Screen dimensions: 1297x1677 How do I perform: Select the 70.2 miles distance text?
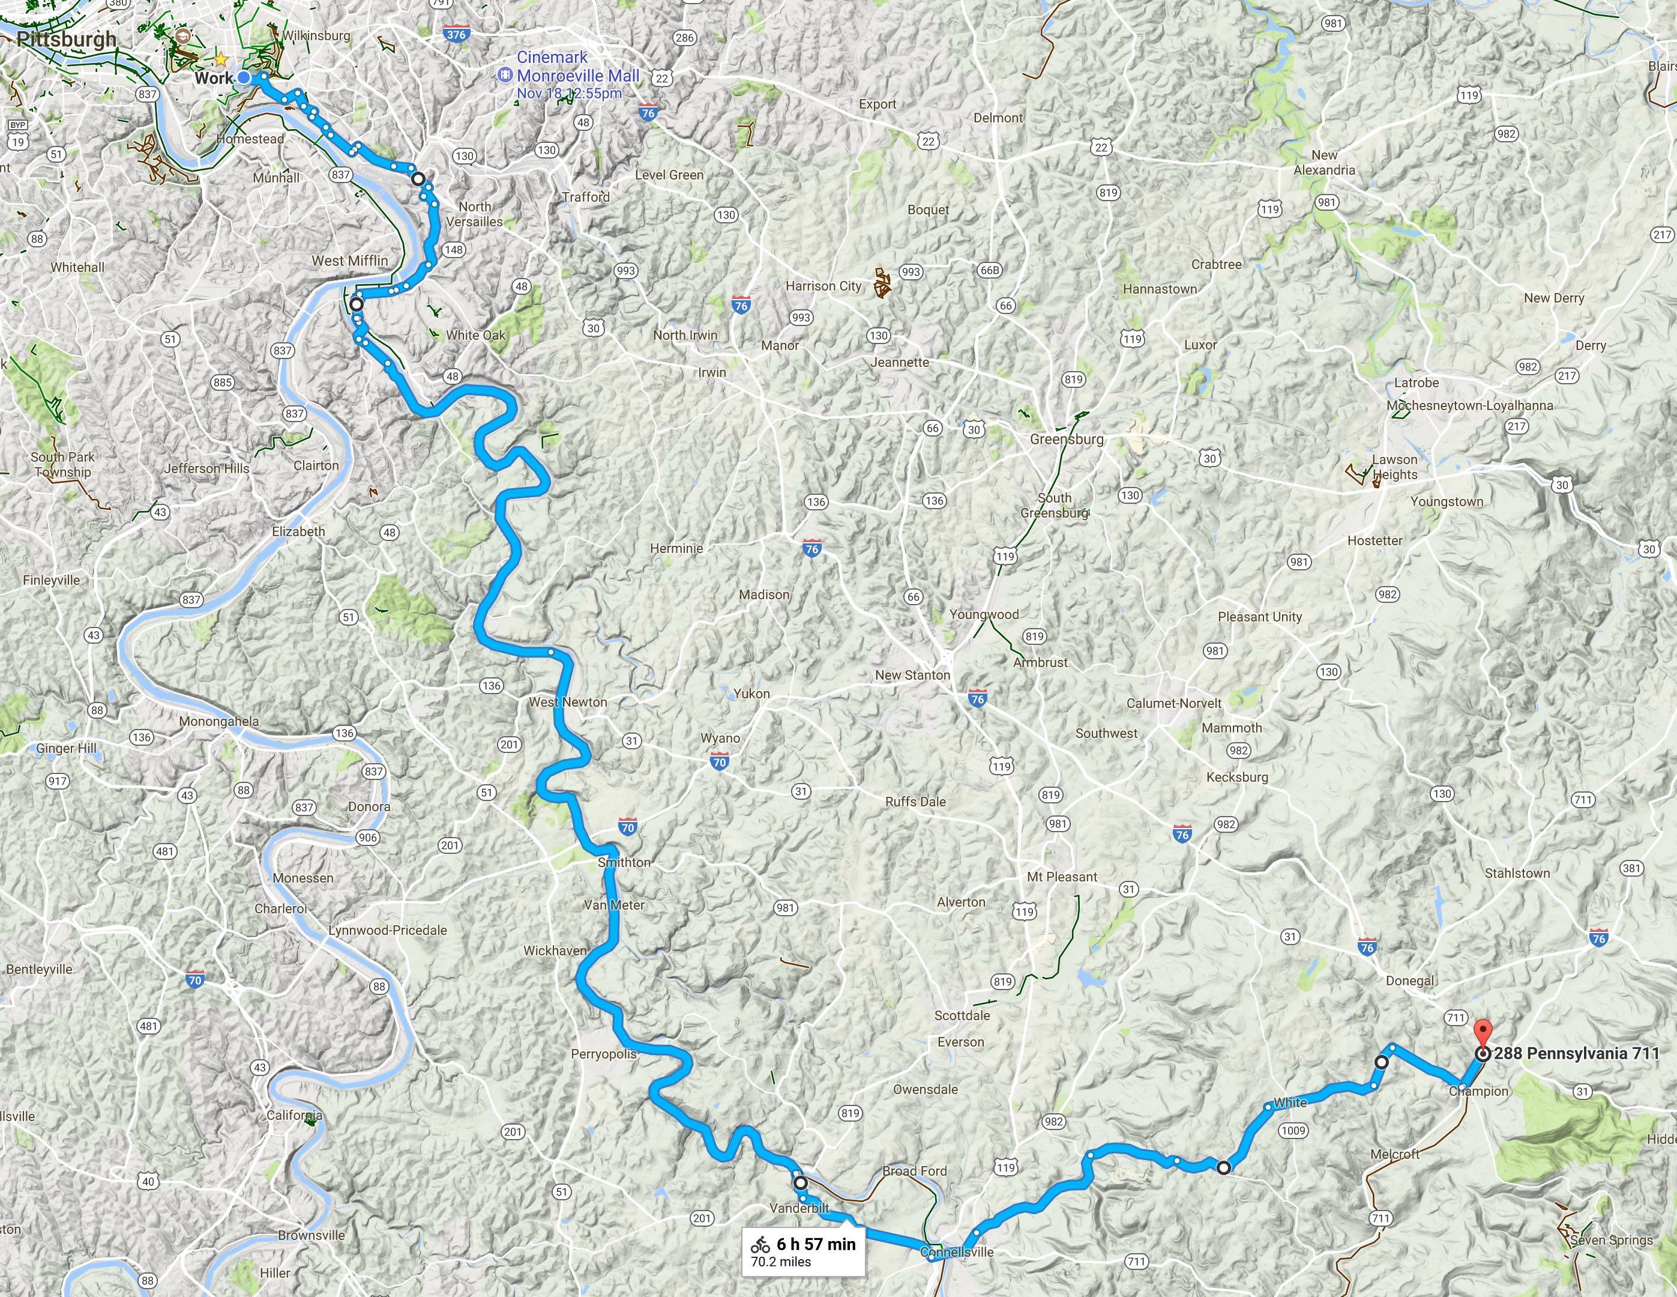click(781, 1261)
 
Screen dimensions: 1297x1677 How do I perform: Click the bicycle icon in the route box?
click(760, 1245)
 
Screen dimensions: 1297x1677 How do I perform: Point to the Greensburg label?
click(1067, 440)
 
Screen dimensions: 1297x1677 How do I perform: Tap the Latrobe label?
click(1416, 382)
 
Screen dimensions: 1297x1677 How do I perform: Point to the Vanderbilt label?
click(799, 1209)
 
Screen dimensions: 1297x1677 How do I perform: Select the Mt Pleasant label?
click(1062, 877)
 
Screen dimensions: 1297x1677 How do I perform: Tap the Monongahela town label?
click(219, 722)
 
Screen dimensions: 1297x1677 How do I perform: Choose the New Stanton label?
click(912, 675)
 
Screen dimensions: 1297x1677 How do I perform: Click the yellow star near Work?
click(221, 58)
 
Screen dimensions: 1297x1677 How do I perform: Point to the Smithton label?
click(624, 862)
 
